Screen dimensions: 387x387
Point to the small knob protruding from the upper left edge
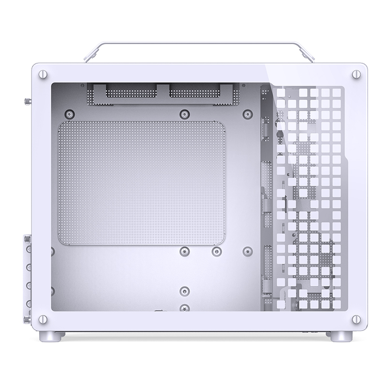click(x=25, y=102)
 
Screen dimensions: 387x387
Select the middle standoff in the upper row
click(x=184, y=114)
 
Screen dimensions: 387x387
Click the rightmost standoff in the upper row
click(x=248, y=114)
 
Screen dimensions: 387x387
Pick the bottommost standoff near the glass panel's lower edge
click(x=184, y=307)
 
